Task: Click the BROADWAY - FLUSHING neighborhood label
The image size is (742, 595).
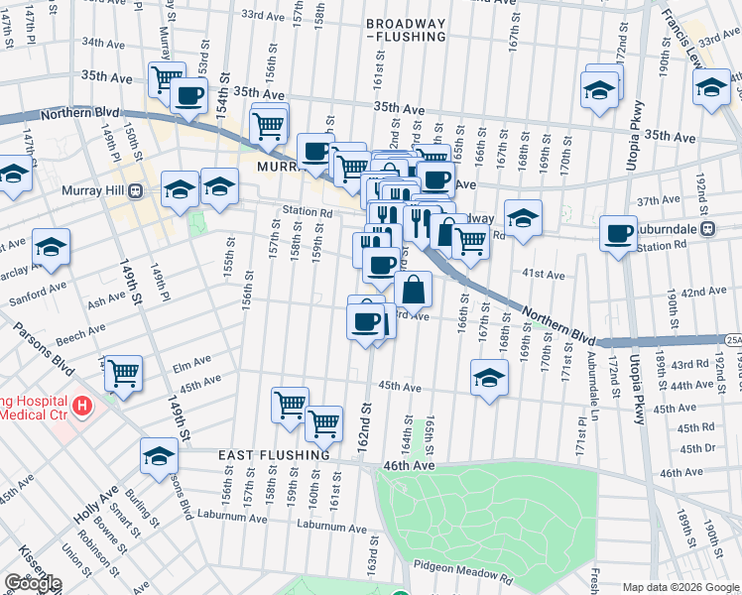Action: pos(405,30)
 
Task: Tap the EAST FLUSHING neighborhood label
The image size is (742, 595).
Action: pos(275,454)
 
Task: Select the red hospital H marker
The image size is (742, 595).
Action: pos(83,406)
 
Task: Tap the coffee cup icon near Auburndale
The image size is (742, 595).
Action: pos(619,234)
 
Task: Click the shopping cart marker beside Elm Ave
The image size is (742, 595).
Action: pos(123,373)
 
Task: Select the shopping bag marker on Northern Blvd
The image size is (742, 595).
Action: pos(414,290)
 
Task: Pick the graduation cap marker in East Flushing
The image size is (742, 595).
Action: pos(159,455)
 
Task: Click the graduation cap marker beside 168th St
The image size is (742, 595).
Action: pos(489,377)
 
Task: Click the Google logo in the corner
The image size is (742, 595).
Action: pos(32,583)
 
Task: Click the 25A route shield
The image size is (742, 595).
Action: pos(732,340)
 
